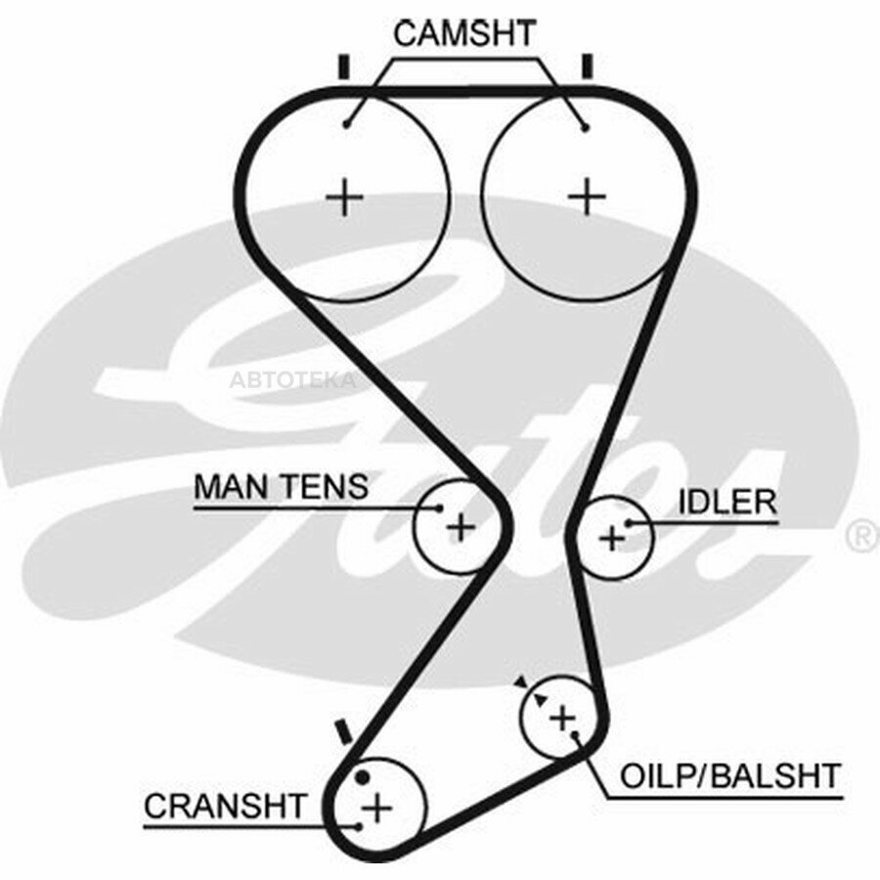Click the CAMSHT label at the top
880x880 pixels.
(x=464, y=33)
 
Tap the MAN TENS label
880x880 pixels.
(x=281, y=487)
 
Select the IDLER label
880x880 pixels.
(x=727, y=503)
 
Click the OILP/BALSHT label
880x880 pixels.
(x=730, y=776)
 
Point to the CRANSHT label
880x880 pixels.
(x=225, y=806)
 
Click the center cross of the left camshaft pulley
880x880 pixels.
(x=344, y=197)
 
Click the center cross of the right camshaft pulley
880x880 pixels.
(x=587, y=197)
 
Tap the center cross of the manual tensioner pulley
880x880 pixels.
(x=461, y=527)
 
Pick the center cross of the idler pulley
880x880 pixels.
(x=612, y=539)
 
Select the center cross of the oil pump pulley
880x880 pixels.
(x=562, y=719)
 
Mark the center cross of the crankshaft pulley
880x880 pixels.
(x=376, y=809)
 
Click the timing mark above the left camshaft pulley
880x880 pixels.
(x=344, y=66)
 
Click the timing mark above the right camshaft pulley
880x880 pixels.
(x=588, y=66)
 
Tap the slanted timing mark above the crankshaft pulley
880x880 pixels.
(x=342, y=731)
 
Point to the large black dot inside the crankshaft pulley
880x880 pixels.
(x=363, y=776)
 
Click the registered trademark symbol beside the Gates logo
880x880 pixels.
(x=862, y=535)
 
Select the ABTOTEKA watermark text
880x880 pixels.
(x=292, y=380)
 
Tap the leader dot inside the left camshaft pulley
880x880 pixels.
(x=347, y=124)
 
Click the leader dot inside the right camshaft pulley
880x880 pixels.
(x=586, y=128)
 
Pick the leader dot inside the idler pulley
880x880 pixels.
(x=629, y=524)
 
